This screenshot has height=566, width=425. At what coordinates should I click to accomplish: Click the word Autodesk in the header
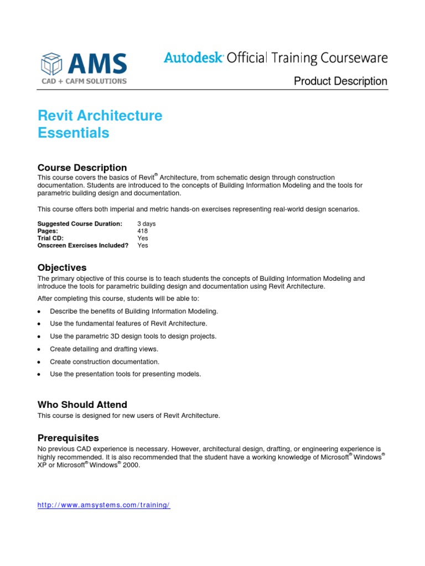[x=193, y=57]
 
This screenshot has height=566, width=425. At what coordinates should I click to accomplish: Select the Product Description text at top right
[x=340, y=81]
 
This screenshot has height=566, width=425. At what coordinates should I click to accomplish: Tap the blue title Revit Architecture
[x=100, y=116]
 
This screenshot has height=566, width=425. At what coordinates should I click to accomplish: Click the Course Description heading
[x=82, y=167]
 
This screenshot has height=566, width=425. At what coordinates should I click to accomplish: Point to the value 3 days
[x=147, y=223]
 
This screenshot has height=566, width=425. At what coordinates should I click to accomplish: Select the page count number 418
[x=142, y=230]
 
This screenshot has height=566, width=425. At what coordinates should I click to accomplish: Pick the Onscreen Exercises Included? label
[x=82, y=245]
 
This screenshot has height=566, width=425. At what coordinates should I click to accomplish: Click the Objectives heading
[x=62, y=268]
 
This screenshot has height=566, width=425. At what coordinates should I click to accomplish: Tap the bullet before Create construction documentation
[x=39, y=362]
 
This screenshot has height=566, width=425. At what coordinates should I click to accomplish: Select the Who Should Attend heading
[x=82, y=404]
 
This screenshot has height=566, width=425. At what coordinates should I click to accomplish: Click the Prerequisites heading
[x=68, y=438]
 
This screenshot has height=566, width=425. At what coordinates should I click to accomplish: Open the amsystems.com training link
[x=103, y=505]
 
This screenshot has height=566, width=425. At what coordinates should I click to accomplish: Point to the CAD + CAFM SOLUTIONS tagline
[x=84, y=81]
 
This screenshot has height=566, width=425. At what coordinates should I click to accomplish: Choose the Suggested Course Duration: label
[x=80, y=223]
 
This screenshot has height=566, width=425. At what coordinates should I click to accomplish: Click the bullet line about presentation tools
[x=125, y=374]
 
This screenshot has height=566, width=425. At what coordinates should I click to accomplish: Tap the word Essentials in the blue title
[x=73, y=133]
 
